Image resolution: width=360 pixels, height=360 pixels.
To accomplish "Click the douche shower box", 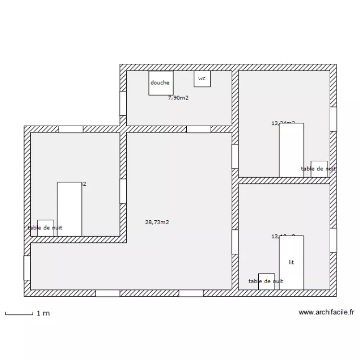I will [x=160, y=83].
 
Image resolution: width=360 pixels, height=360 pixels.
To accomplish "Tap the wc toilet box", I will [x=202, y=79].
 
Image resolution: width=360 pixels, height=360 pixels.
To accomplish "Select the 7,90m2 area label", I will [x=178, y=98].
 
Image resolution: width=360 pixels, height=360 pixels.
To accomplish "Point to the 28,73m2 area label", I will [x=157, y=222].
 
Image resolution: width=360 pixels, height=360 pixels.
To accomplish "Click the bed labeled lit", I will [x=291, y=263].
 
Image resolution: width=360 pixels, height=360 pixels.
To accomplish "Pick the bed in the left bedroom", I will [x=70, y=209].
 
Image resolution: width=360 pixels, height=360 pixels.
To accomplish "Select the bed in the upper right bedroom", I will [x=291, y=150].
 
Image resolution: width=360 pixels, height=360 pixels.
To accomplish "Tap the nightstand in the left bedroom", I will [x=46, y=228].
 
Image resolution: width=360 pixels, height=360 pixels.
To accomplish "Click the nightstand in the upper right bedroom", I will [x=319, y=168].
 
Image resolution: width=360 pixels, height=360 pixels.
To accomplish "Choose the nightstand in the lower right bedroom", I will [x=266, y=281].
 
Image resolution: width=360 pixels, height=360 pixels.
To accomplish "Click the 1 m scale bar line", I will [x=19, y=314].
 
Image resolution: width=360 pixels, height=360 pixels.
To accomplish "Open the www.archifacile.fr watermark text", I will [x=326, y=312].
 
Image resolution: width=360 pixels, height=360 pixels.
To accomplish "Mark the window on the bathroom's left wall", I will [x=123, y=103].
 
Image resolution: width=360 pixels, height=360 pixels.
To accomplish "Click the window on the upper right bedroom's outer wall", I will [x=333, y=119].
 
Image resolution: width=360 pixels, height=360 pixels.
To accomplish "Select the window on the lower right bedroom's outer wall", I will [x=333, y=240].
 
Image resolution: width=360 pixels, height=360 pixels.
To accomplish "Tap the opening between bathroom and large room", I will [x=198, y=129].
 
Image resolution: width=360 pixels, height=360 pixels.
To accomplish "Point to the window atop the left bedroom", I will [x=71, y=129].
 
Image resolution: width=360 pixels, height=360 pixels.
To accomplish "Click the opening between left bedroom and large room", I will [x=123, y=191].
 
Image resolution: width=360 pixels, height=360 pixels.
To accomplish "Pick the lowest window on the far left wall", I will [x=27, y=268].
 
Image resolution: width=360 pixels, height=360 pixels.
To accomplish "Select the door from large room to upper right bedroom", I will [x=235, y=156].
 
